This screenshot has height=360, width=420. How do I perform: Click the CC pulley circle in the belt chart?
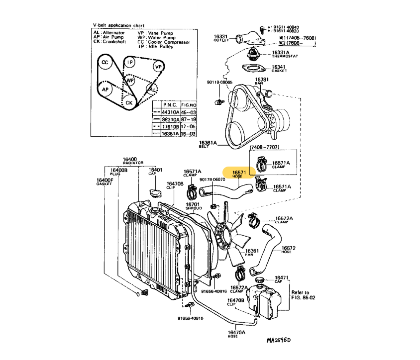tap(105, 63)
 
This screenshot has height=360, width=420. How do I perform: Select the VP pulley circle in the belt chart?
tap(158, 67)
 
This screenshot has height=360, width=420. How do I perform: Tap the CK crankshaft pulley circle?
tap(129, 102)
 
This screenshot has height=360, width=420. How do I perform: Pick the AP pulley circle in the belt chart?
tap(105, 90)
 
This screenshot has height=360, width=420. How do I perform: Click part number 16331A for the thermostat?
tap(280, 52)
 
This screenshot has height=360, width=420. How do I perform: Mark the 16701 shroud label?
tap(193, 204)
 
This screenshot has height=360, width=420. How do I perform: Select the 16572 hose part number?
tap(289, 248)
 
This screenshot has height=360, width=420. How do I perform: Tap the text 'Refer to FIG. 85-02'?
tap(300, 296)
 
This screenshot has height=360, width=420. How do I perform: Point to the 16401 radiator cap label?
tap(155, 170)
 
